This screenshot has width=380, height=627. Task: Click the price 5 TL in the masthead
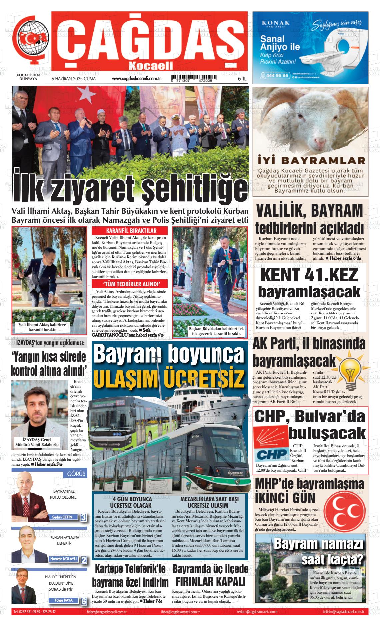coord(242,79)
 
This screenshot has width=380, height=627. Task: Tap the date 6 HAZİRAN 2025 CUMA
coord(73,79)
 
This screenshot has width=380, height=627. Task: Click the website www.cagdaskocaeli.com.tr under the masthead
coord(137,79)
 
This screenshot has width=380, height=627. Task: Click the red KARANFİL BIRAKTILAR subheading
coord(131,231)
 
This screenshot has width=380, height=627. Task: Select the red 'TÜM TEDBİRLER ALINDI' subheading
coord(131,284)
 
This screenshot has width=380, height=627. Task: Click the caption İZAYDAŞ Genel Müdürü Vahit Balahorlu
coord(37,442)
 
